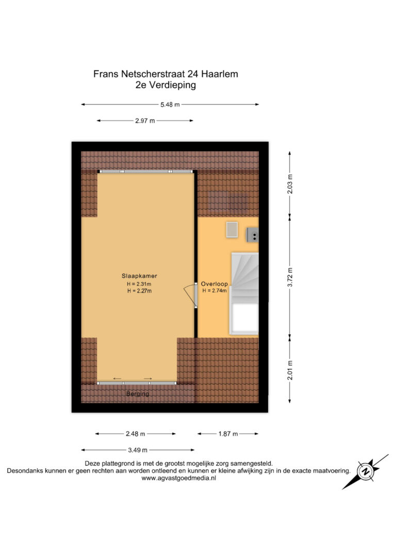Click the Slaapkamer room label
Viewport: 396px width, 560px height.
coord(139,276)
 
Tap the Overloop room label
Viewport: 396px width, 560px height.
coord(214,284)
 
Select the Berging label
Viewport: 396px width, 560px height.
coord(138,393)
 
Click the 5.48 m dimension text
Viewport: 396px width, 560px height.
coord(170,105)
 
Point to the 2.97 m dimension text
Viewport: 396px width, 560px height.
coord(145,121)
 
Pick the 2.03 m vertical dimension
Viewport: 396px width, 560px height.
coord(290,184)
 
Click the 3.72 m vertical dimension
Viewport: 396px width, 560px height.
coord(290,277)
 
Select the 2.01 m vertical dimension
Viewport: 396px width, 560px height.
coord(290,370)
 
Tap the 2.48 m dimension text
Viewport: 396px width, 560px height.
coord(135,434)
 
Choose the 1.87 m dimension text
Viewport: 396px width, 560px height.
coord(228,434)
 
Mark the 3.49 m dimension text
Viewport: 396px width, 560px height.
coord(138,450)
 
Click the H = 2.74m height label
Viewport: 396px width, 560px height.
coord(214,291)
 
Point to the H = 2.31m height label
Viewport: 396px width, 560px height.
coord(139,284)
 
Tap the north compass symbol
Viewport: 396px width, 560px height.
coord(365,472)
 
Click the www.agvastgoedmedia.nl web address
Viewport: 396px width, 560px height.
coord(178,478)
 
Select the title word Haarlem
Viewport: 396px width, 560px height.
coord(220,74)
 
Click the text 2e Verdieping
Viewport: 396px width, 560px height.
coord(166,86)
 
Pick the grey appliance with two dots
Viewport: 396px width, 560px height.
coord(253,235)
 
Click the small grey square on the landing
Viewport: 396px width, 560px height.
coord(232,229)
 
